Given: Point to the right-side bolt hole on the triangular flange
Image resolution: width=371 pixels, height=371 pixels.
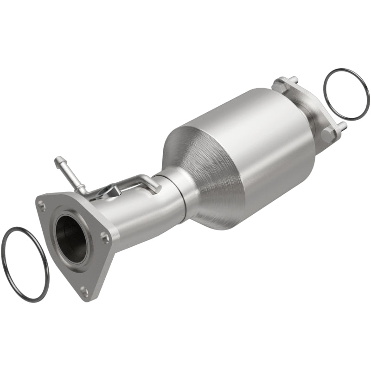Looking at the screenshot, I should click(x=105, y=237).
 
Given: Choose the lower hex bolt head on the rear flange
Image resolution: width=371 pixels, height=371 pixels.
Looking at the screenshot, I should click(x=328, y=134).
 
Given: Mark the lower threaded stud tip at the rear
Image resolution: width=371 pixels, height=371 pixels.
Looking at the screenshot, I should click(x=343, y=125).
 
